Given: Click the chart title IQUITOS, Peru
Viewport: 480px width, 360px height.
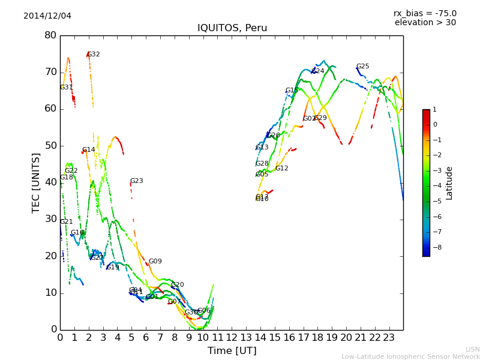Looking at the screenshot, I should pyautogui.click(x=232, y=28).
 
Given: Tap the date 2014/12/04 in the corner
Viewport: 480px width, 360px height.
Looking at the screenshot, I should pyautogui.click(x=47, y=16).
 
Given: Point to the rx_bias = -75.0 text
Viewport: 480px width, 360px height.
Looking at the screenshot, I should pyautogui.click(x=425, y=13).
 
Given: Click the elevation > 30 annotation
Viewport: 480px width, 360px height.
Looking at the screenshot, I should pyautogui.click(x=425, y=23).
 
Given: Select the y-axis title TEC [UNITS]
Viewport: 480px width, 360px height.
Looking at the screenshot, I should pyautogui.click(x=36, y=182).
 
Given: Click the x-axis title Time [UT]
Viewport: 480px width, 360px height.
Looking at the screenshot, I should pyautogui.click(x=232, y=350).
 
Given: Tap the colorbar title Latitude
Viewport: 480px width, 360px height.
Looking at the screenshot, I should pyautogui.click(x=449, y=183).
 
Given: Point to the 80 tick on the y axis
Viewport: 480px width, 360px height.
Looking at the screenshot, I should pyautogui.click(x=50, y=35).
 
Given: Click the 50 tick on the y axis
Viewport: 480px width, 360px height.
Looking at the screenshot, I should pyautogui.click(x=50, y=146).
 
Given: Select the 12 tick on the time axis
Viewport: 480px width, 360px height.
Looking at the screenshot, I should pyautogui.click(x=232, y=337).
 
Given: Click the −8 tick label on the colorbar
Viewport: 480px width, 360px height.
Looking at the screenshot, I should pyautogui.click(x=435, y=247).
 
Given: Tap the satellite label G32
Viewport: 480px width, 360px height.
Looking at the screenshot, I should pyautogui.click(x=94, y=55).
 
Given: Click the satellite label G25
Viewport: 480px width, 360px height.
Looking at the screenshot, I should pyautogui.click(x=363, y=67).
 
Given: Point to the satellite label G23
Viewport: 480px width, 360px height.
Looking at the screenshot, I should pyautogui.click(x=137, y=181).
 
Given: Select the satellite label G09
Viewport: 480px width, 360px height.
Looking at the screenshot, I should pyautogui.click(x=155, y=262).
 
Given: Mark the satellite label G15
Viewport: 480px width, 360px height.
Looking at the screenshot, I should pyautogui.click(x=292, y=91).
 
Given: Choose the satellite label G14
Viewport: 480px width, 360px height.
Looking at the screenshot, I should pyautogui.click(x=89, y=150).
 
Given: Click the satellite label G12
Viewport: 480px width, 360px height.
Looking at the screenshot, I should pyautogui.click(x=282, y=169).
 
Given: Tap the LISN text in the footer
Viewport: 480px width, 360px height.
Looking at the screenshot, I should pyautogui.click(x=472, y=349).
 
